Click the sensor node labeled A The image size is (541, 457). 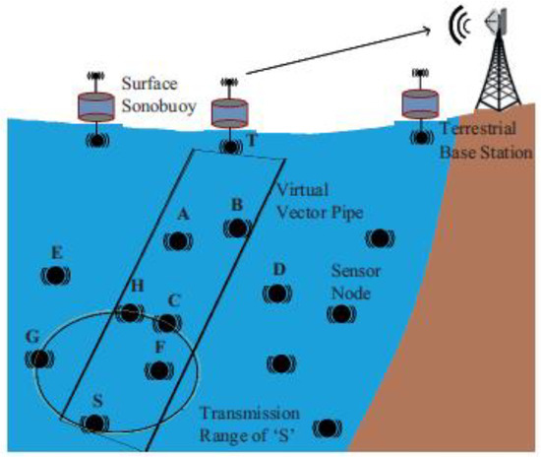(178, 240)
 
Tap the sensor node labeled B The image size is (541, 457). (236, 228)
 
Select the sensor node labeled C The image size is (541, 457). (169, 323)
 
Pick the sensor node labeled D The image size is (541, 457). (278, 294)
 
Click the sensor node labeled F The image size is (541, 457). (156, 370)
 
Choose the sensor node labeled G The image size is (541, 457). (38, 359)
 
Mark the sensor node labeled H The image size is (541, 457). (129, 313)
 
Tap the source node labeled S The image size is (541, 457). (93, 424)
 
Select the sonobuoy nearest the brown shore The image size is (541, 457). (425, 101)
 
